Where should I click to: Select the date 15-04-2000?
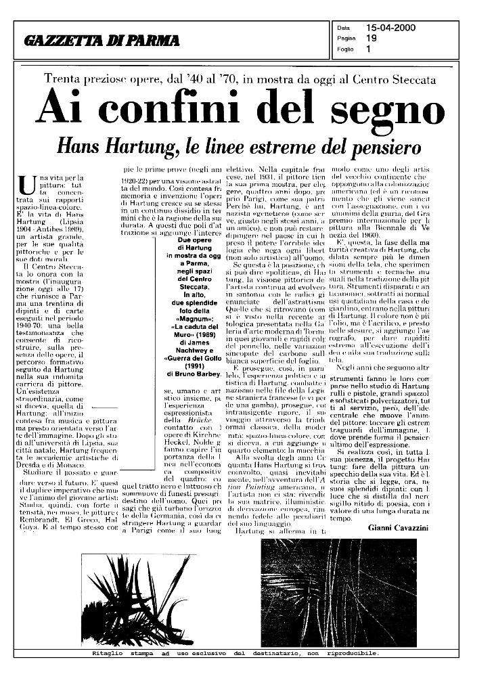[x=390, y=28]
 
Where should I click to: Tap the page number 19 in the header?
[x=372, y=39]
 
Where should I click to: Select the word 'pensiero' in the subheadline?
[x=376, y=147]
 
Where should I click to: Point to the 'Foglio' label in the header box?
[x=344, y=49]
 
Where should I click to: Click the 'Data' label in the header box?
[x=342, y=28]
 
